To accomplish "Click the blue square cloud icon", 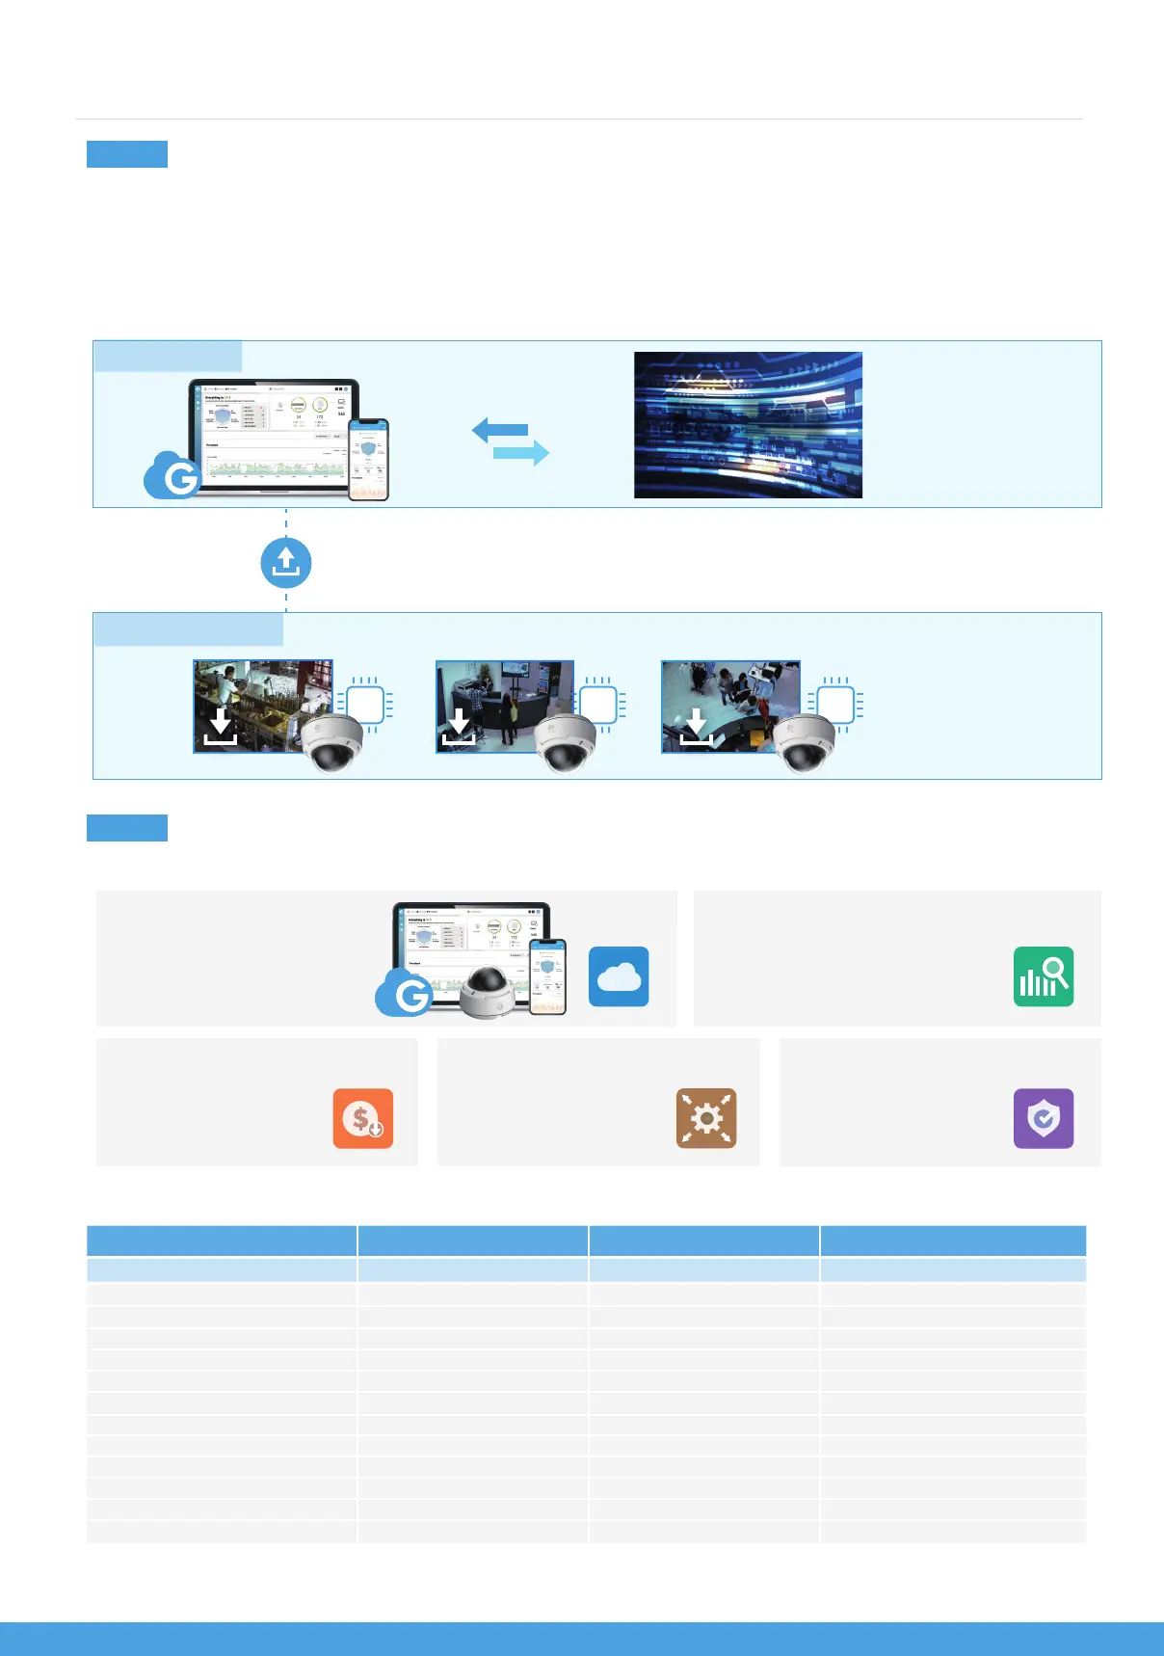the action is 619,976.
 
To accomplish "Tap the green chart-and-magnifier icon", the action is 1044,976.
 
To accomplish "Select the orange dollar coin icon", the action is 363,1118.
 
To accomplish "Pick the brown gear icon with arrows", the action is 706,1118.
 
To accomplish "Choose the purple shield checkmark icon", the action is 1044,1118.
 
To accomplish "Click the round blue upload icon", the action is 286,563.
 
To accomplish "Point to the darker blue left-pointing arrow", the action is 500,430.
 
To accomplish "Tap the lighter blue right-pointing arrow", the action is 521,452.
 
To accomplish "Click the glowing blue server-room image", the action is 748,425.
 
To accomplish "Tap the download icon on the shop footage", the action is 221,727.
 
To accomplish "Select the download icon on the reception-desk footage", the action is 459,727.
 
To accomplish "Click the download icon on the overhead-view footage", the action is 696,727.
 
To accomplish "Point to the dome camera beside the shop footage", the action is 332,743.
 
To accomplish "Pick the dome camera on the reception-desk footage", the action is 566,743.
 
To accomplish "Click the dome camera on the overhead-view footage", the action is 804,743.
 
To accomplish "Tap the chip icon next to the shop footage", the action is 365,705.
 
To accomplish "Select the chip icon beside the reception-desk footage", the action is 598,705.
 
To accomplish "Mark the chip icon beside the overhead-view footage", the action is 835,705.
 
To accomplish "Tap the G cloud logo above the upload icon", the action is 173,475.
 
